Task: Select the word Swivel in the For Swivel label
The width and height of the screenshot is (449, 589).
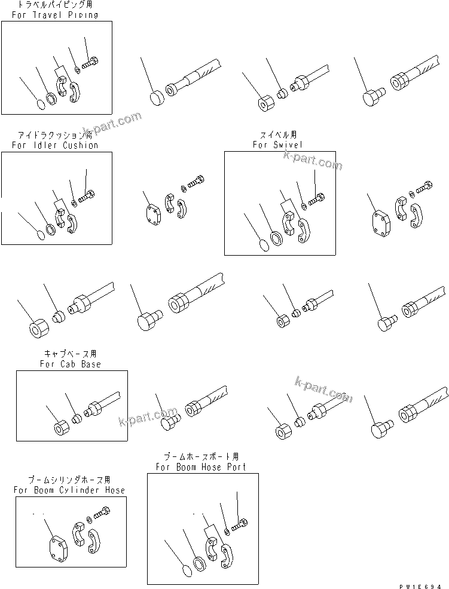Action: point(286,145)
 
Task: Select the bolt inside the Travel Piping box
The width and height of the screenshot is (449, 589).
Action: point(91,62)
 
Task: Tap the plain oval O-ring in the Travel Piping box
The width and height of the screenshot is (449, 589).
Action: point(39,105)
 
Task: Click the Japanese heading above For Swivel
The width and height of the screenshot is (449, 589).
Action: point(277,135)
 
